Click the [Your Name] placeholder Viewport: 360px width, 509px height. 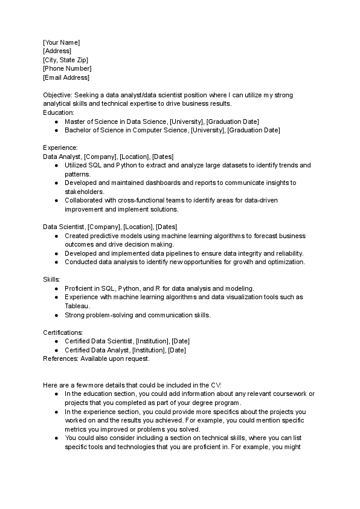[61, 42]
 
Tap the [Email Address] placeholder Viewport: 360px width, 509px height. [66, 77]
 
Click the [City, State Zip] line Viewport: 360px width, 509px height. [65, 60]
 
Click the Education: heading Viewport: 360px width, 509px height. [59, 112]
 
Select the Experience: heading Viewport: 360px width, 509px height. [60, 148]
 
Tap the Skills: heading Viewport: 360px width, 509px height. [51, 280]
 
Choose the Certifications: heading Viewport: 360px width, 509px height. [63, 332]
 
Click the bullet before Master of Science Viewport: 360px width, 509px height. [56, 122]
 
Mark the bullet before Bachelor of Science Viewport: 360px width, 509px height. [56, 130]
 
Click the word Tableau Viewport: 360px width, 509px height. [76, 306]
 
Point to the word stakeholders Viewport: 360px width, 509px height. [84, 192]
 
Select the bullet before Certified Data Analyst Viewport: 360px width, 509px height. [56, 350]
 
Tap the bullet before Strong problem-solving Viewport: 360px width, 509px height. [56, 315]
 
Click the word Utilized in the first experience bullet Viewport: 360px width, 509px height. [76, 165]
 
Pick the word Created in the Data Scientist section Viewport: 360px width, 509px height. [77, 236]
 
